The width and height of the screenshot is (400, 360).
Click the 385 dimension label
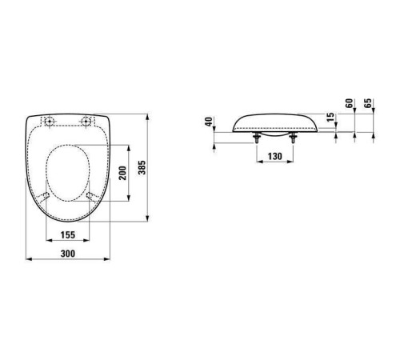pos(142,167)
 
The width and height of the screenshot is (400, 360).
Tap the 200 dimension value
pos(122,173)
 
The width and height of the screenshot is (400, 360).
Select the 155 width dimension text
pos(68,235)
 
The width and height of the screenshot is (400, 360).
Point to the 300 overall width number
pos(68,254)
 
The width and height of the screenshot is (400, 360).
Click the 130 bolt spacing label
pos(274,156)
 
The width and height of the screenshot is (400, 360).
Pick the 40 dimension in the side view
pos(210,122)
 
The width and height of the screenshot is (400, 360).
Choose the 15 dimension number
pos(330,117)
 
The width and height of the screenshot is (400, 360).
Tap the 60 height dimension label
pos(349,103)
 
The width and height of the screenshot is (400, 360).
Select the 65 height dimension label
pos(368,103)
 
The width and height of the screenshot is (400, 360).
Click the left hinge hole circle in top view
pos(50,121)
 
